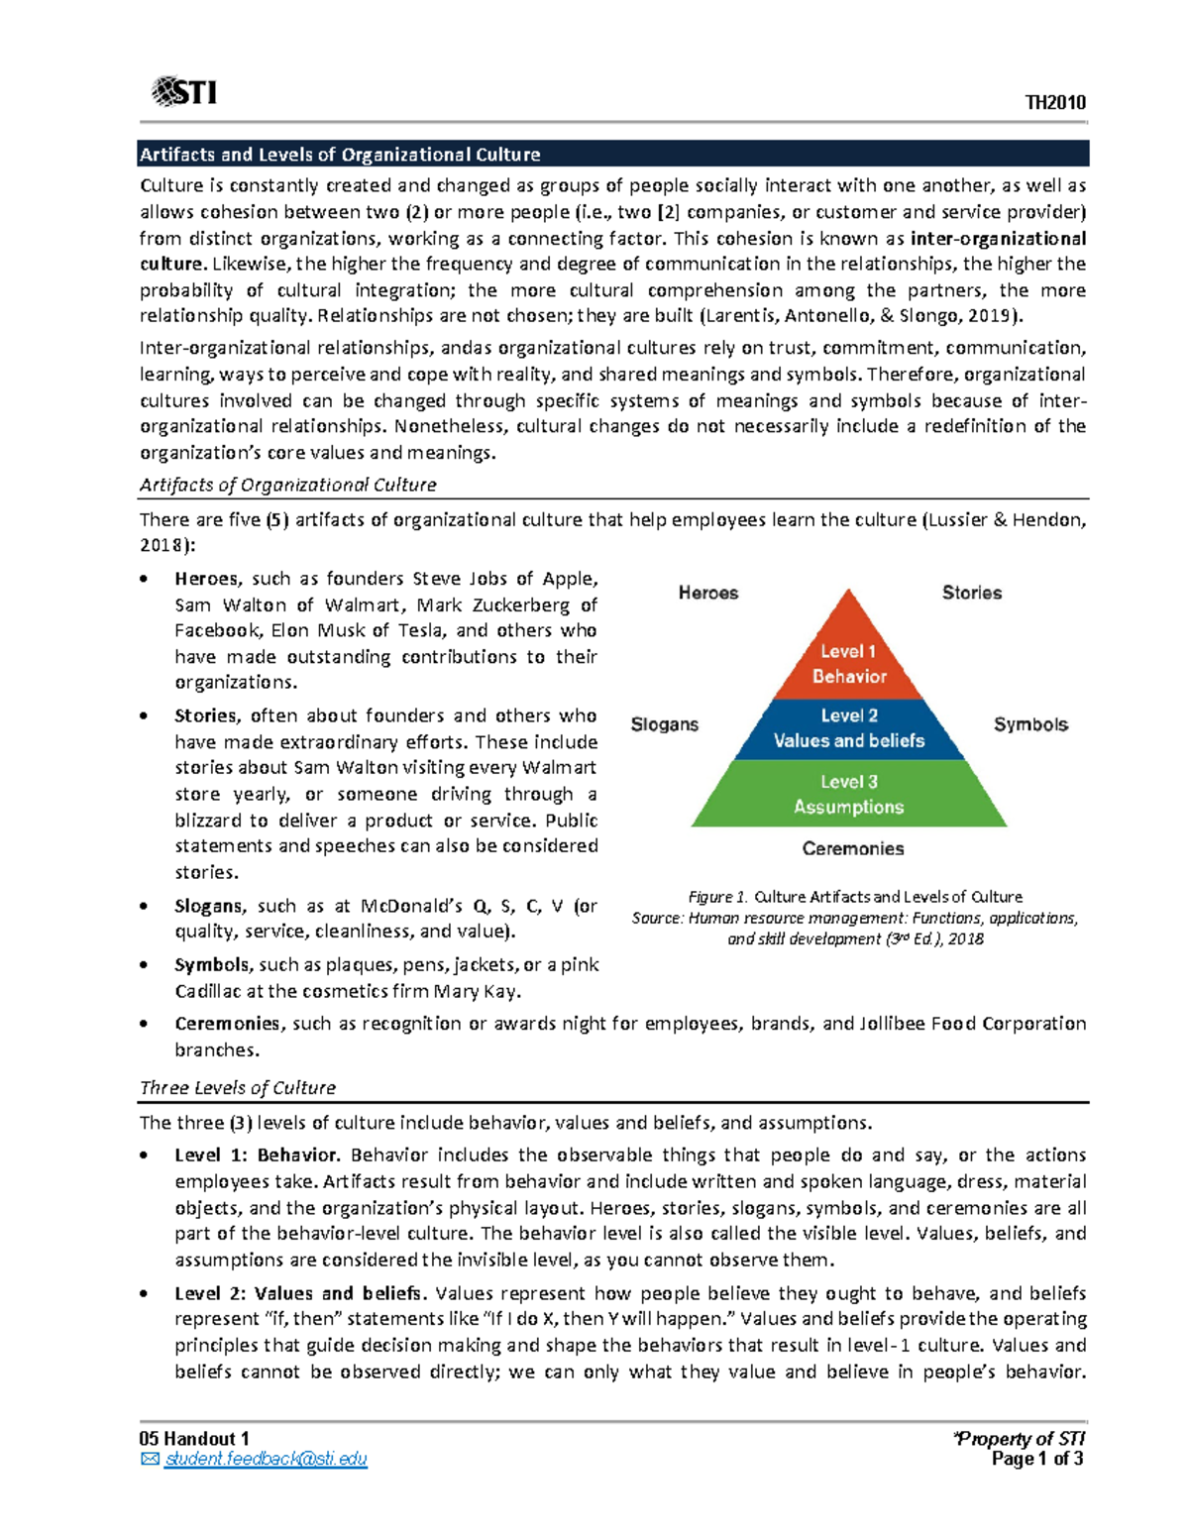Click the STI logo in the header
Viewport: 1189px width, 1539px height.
coord(184,92)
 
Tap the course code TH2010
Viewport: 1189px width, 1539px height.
coord(1055,103)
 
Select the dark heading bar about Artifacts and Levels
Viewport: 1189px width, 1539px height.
coord(613,155)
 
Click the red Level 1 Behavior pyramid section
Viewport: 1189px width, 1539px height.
coord(848,663)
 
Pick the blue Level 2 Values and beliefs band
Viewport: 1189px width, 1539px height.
coord(848,728)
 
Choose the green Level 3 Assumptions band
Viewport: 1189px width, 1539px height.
coord(848,794)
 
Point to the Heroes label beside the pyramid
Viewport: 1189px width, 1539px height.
coord(707,593)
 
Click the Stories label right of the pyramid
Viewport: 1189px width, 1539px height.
coord(971,593)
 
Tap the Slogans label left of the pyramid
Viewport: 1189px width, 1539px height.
coord(664,724)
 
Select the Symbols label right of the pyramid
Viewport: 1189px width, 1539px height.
coord(1030,724)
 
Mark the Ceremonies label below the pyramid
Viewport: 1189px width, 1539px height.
coord(852,848)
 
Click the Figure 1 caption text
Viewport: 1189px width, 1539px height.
coord(854,897)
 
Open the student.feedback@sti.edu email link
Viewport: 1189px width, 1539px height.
coord(266,1459)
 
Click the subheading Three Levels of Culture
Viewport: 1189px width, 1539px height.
coord(238,1087)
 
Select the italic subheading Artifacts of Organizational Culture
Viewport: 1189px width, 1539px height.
coord(287,485)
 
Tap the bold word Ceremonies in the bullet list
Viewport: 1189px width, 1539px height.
coord(227,1024)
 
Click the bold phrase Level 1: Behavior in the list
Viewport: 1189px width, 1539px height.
coord(257,1154)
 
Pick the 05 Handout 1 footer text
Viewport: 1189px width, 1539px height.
coord(194,1439)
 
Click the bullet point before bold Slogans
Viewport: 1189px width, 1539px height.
coord(145,907)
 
